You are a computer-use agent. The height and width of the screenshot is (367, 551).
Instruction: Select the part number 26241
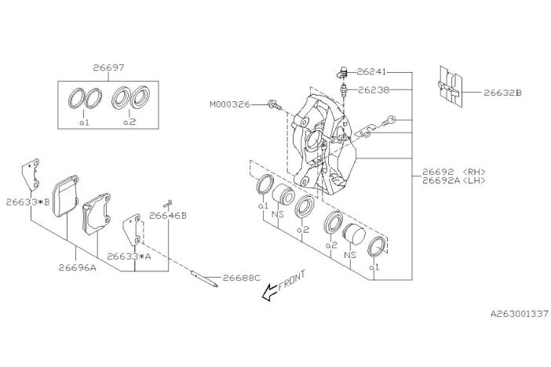374,71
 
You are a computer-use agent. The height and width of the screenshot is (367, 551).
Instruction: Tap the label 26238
374,89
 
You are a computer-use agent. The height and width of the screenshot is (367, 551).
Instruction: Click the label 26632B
503,93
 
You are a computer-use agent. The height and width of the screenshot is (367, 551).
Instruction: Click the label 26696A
77,267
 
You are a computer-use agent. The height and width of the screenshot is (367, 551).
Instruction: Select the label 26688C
241,278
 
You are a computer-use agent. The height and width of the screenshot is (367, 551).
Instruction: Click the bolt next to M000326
274,104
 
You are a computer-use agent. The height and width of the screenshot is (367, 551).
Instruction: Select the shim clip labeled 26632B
449,88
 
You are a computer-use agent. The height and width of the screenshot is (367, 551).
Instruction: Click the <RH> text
475,170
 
